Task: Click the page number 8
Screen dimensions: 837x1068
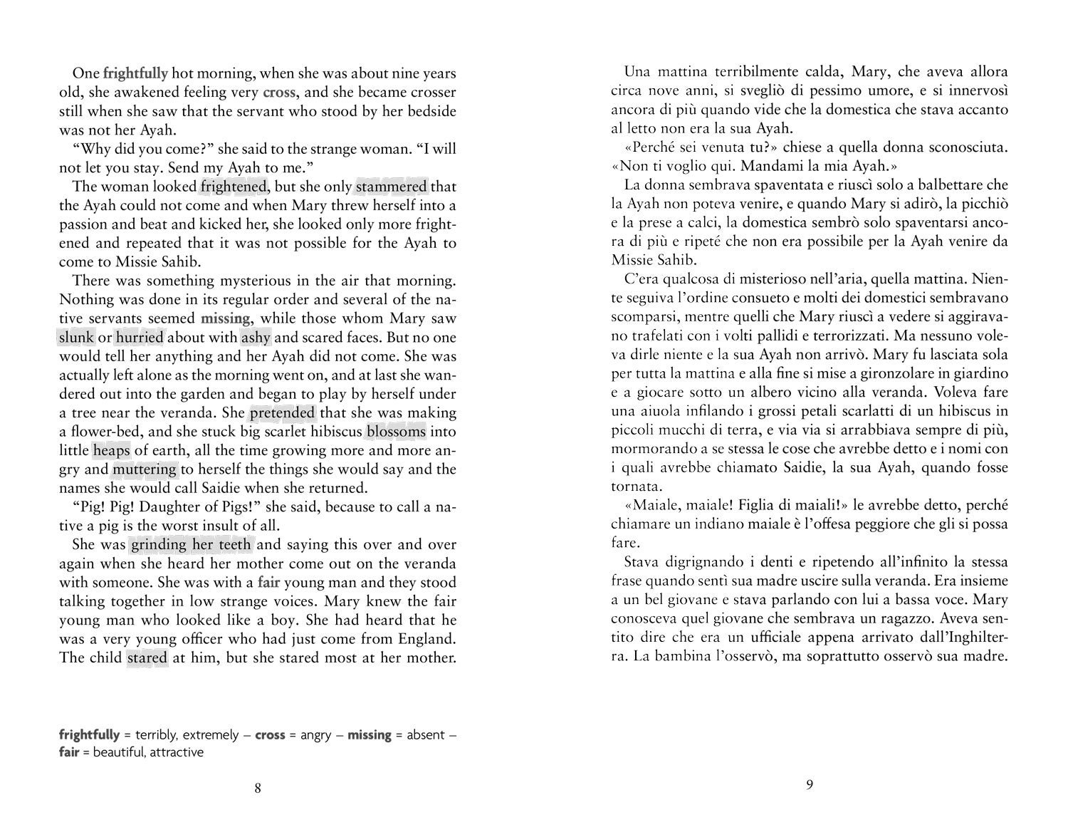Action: (258, 788)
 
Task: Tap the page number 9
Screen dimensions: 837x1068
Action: (810, 786)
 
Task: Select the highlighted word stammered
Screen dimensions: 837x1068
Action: (392, 187)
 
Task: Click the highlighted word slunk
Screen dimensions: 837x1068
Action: (76, 338)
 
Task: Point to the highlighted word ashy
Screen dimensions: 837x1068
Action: (256, 338)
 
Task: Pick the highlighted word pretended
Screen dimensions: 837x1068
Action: (282, 413)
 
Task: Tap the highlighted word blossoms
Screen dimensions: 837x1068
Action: (397, 432)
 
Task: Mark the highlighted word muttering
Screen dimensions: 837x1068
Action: (145, 469)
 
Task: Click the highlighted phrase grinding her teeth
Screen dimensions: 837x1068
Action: (191, 545)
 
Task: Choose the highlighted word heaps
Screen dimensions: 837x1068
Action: (111, 451)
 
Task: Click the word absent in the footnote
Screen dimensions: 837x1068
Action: (426, 734)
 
